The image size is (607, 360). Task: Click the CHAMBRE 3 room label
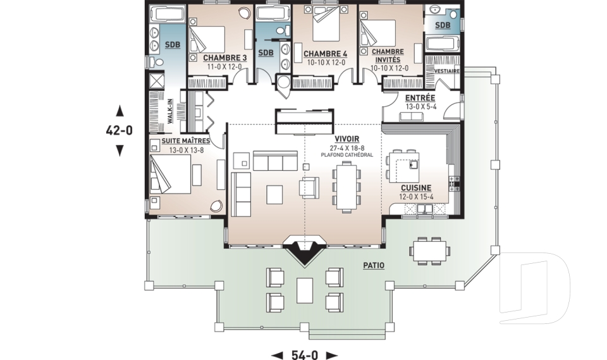pyautogui.click(x=225, y=58)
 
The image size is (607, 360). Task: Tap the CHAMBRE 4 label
pyautogui.click(x=325, y=54)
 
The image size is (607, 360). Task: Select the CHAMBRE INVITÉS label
pyautogui.click(x=388, y=56)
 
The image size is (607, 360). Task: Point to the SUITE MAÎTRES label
pyautogui.click(x=186, y=141)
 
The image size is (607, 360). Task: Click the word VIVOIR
pyautogui.click(x=347, y=139)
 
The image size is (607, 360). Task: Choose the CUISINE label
pyautogui.click(x=416, y=188)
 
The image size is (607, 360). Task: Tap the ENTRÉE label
pyautogui.click(x=420, y=98)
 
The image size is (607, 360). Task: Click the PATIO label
pyautogui.click(x=374, y=266)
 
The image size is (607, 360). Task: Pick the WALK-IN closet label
pyautogui.click(x=169, y=111)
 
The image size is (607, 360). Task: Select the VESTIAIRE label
pyautogui.click(x=447, y=71)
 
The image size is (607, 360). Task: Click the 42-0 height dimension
pyautogui.click(x=120, y=130)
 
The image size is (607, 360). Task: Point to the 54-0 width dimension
pyautogui.click(x=304, y=355)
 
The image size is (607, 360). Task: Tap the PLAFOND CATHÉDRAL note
pyautogui.click(x=347, y=155)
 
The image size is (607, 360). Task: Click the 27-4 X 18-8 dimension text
pyautogui.click(x=347, y=148)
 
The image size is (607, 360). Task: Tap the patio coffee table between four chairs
pyautogui.click(x=305, y=290)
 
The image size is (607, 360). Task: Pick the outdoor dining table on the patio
pyautogui.click(x=430, y=251)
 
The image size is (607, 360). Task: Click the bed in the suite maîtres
pyautogui.click(x=170, y=175)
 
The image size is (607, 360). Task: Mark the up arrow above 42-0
pyautogui.click(x=120, y=111)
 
